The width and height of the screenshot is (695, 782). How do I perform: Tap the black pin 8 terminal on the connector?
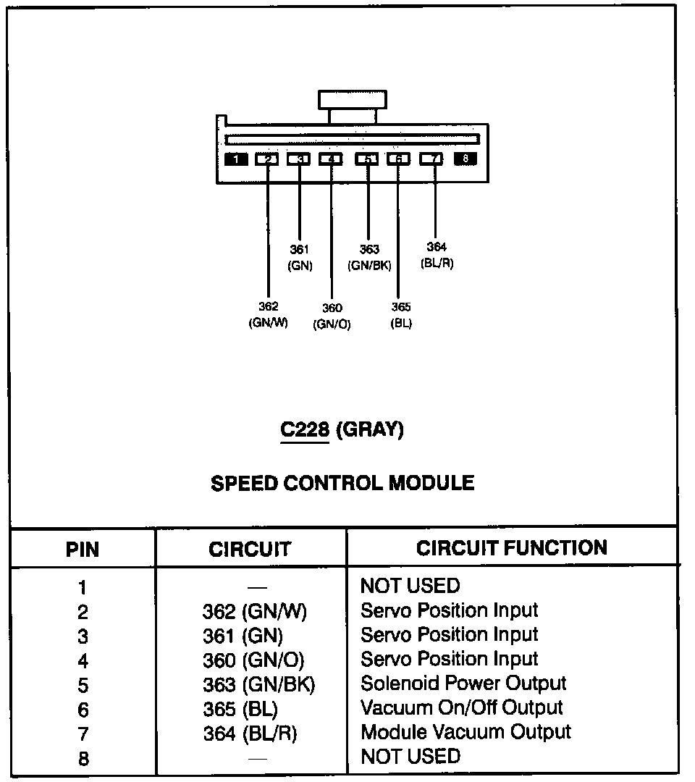pos(465,159)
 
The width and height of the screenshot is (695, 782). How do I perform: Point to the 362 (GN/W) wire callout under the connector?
pos(268,315)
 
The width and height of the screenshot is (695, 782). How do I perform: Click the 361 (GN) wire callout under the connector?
pos(300,257)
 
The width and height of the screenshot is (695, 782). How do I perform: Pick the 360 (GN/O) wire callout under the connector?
pos(332,317)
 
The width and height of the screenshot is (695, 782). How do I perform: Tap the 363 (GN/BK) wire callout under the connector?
pos(369,257)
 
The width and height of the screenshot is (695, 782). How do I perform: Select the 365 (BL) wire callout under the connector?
pos(401,315)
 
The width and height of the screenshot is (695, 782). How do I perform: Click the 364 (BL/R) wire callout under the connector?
pos(437,256)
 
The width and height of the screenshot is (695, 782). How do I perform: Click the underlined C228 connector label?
pos(305,429)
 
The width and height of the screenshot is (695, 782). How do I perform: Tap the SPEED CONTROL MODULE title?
pos(342,483)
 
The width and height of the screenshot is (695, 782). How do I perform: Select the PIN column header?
pos(83,549)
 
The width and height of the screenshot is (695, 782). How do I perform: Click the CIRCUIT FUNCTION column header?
pos(512,547)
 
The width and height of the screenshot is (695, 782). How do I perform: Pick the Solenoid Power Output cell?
pos(463,683)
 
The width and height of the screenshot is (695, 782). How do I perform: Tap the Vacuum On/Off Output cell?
pos(461,707)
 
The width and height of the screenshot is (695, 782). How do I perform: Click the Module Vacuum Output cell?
pos(466,732)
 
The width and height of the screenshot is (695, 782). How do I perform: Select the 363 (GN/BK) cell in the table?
pos(259,684)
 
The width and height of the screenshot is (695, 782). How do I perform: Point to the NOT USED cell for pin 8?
pos(410,757)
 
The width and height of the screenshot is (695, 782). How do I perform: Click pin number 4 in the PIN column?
pos(83,660)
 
